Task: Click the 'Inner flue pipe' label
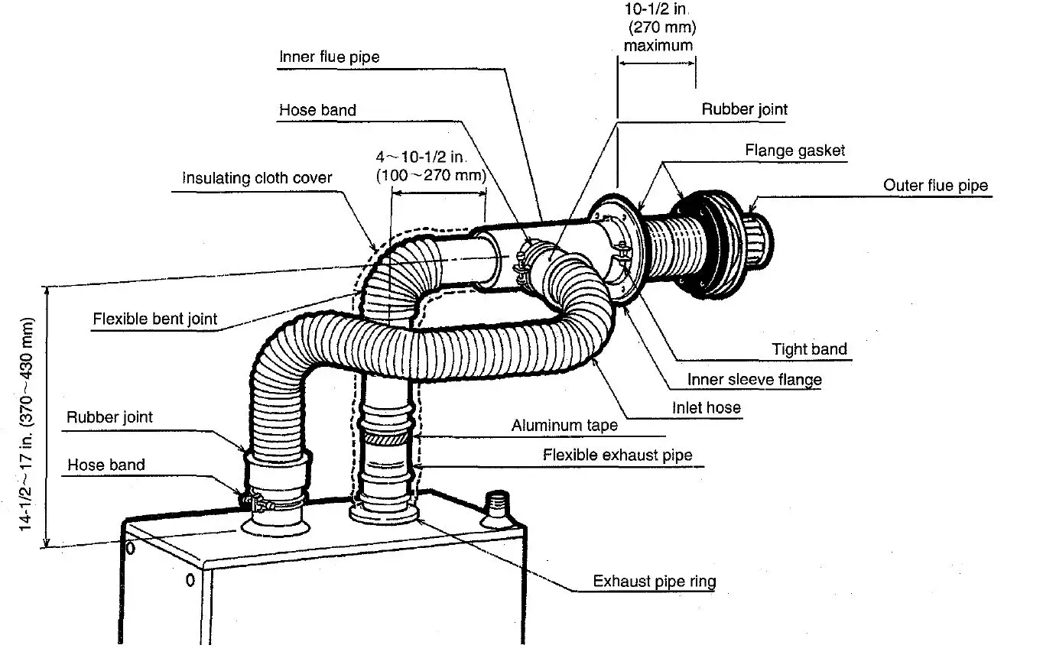(329, 57)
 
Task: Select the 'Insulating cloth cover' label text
(257, 178)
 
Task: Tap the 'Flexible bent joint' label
(155, 319)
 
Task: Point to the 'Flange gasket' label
(795, 151)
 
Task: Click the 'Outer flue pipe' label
(935, 186)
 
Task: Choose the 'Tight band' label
(809, 350)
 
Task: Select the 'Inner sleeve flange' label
(754, 380)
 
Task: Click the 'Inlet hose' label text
(706, 408)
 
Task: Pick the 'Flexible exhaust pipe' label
(617, 455)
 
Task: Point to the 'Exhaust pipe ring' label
(655, 582)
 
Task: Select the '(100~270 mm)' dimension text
(431, 175)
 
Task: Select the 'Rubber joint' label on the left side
(109, 417)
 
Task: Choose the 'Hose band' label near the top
(317, 110)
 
